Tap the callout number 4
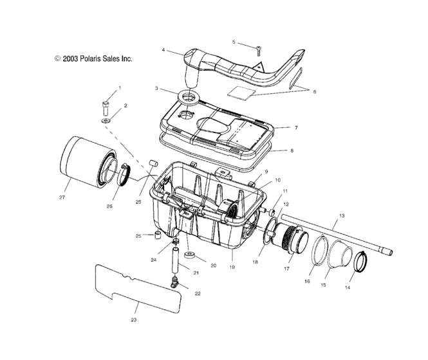[163, 50]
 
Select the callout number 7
[297, 128]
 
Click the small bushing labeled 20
[190, 257]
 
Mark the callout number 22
[198, 293]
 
